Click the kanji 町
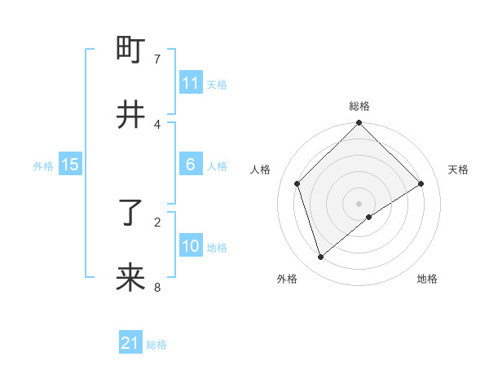[x=130, y=51]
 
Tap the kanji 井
[x=130, y=115]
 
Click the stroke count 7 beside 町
[x=157, y=59]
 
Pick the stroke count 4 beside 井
[x=157, y=124]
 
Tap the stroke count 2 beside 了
[x=157, y=221]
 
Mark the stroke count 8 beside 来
[x=157, y=287]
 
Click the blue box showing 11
[x=191, y=83]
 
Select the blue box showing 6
[x=191, y=165]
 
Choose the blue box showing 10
[x=191, y=246]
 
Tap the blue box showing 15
[x=70, y=165]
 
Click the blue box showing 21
[x=130, y=343]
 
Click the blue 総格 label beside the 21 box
[x=156, y=345]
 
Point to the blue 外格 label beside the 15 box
[x=43, y=165]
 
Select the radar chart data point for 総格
[x=359, y=124]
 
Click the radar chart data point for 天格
[x=421, y=183]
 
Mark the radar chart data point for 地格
[x=369, y=217]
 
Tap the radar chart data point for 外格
[x=320, y=258]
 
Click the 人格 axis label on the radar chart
[x=261, y=169]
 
